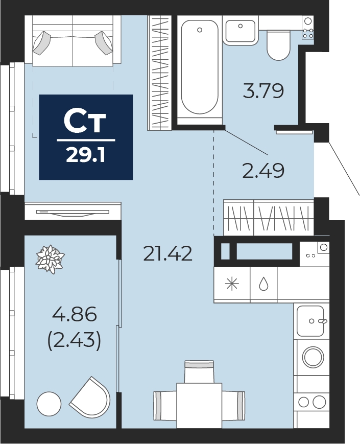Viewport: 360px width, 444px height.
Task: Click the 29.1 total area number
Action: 85,155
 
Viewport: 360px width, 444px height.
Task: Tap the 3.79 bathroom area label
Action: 263,91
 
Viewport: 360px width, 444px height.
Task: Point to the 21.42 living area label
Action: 168,253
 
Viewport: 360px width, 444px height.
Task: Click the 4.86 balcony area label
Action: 75,315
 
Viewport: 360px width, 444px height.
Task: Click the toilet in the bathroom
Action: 279,45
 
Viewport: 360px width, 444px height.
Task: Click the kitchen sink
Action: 310,321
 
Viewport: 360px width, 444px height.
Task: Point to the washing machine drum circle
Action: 313,357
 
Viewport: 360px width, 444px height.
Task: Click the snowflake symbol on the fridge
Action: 232,284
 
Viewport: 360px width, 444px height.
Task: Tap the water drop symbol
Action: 263,284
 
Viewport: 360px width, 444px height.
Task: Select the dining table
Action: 199,405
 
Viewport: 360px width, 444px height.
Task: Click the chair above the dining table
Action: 199,371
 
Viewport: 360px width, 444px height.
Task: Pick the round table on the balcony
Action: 49,404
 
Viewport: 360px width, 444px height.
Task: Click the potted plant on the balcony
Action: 50,259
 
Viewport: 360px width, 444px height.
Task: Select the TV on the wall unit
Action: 73,213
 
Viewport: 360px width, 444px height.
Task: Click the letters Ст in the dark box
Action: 85,122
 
